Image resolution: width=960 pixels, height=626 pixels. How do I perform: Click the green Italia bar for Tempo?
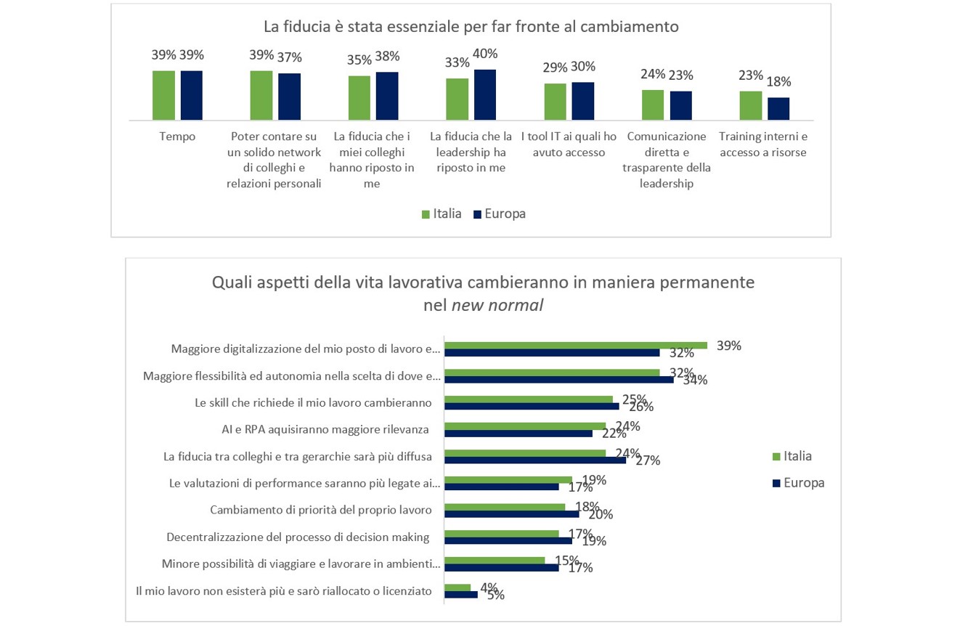pos(163,95)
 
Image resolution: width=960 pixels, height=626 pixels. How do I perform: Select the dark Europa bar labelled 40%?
pos(485,94)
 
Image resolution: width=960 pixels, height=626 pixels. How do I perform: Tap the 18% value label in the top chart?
pos(779,82)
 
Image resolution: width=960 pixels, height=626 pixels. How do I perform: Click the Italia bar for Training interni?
pos(751,105)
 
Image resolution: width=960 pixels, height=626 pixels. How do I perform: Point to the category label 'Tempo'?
pos(177,137)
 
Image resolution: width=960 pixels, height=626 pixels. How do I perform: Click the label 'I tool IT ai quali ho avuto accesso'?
pos(569,145)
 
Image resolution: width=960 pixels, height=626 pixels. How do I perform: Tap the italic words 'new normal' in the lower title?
pos(497,305)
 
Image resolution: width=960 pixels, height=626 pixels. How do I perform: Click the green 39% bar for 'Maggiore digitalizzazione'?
pos(575,345)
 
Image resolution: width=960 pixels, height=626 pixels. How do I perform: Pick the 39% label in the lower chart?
pos(728,346)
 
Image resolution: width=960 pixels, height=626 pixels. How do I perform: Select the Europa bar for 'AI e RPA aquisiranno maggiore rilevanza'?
pos(518,434)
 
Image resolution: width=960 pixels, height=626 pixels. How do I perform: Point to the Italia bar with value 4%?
pos(457,587)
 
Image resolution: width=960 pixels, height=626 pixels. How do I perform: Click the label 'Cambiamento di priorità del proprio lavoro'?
pos(321,510)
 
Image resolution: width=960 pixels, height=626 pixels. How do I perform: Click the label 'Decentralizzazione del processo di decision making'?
pos(298,537)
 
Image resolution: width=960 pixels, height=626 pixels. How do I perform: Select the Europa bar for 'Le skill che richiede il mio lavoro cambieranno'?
pos(532,407)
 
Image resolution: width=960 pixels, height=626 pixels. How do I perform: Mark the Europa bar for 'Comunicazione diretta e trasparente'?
pos(680,105)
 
